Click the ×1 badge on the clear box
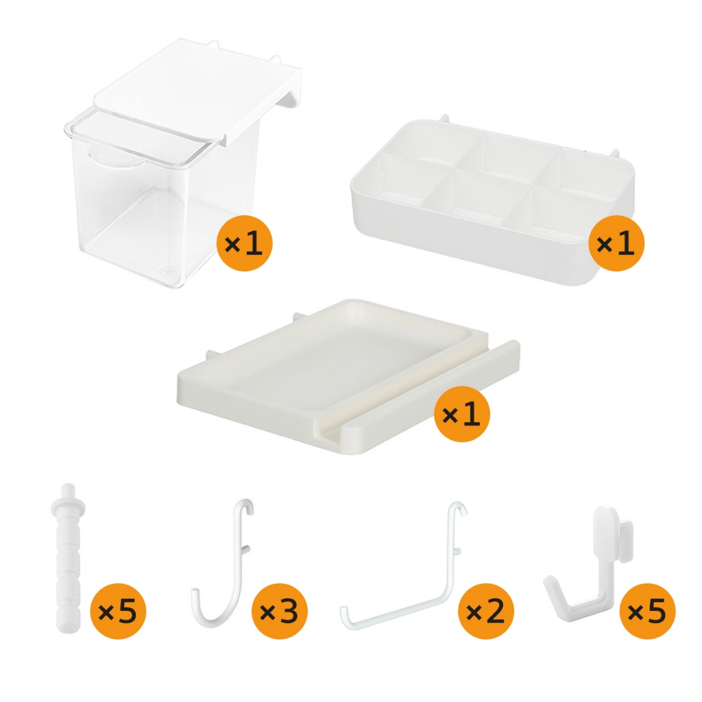245,243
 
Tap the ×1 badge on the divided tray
616,243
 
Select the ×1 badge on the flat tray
462,414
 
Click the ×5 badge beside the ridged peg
118,611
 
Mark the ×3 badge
280,611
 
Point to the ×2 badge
486,611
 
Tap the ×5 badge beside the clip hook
647,611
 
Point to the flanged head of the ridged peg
68,506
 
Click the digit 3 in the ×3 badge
289,611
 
